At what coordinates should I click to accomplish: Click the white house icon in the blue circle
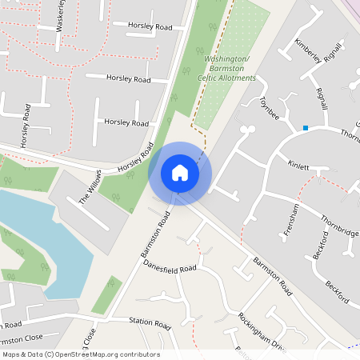tap(180, 173)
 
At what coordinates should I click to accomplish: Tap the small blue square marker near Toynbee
tap(305, 127)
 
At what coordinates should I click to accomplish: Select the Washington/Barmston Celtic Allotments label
tap(227, 69)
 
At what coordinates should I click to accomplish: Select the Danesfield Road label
tap(170, 270)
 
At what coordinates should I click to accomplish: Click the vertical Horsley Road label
tap(26, 127)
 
